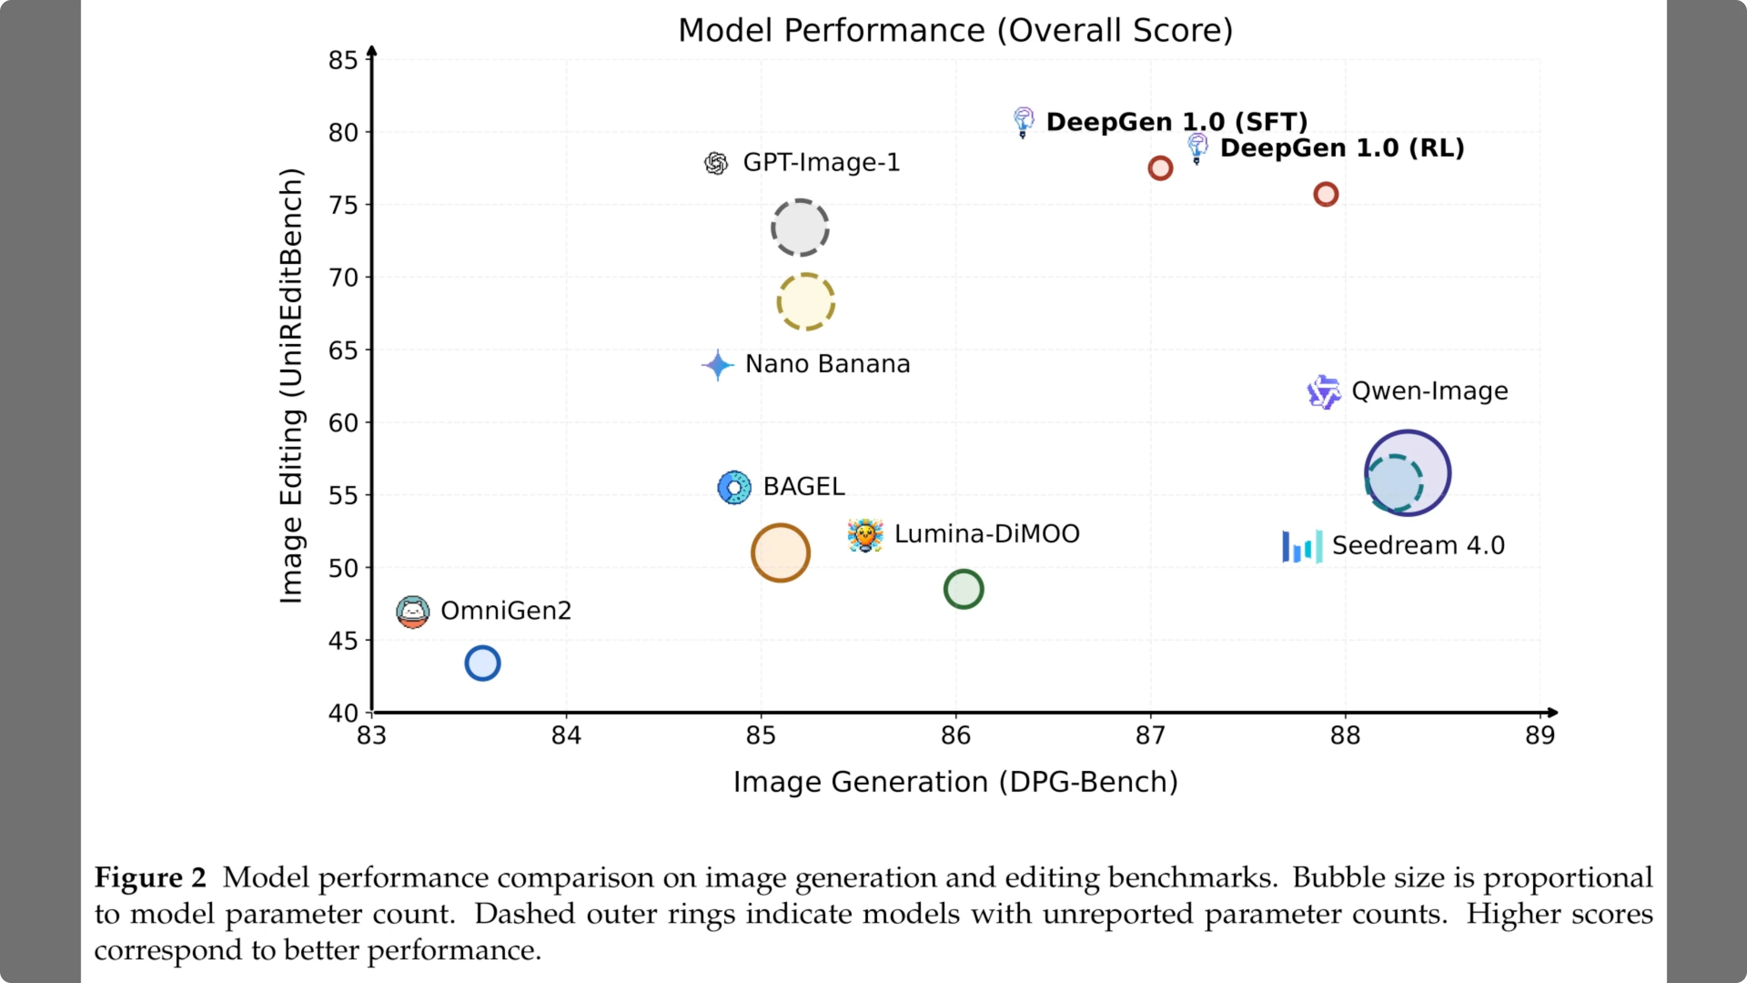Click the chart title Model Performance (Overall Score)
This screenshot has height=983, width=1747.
click(x=955, y=30)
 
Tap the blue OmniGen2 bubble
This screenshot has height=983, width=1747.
click(x=482, y=663)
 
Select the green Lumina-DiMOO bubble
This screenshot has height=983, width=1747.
click(x=963, y=589)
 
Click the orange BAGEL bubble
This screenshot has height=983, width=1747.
click(x=780, y=552)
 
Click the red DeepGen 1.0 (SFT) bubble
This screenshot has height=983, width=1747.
click(x=1160, y=168)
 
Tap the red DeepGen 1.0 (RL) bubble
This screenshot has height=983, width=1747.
click(x=1325, y=194)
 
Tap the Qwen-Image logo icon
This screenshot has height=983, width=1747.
click(x=1323, y=391)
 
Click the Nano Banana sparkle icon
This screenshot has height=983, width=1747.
click(x=717, y=365)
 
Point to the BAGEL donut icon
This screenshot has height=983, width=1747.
click(x=734, y=487)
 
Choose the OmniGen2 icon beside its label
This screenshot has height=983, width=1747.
click(x=413, y=611)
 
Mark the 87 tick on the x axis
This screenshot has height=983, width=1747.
click(x=1150, y=736)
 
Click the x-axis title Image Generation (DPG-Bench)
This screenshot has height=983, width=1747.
click(x=955, y=782)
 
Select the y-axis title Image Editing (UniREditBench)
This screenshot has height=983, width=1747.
click(x=291, y=385)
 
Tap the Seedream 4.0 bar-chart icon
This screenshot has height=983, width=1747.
click(x=1301, y=546)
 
